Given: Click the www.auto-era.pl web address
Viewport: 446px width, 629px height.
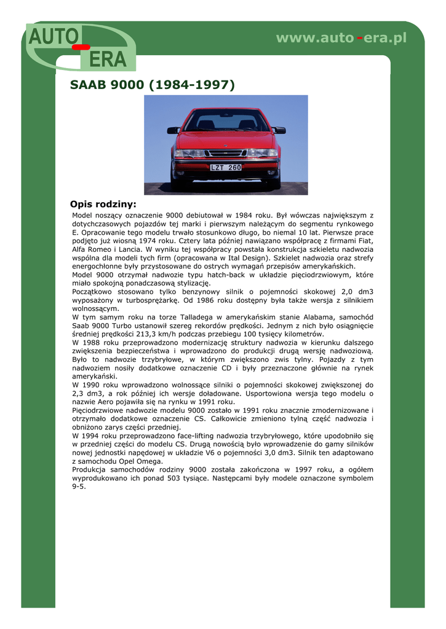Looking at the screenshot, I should tap(341, 38).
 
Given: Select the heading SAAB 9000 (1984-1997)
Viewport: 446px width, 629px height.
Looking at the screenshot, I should tap(153, 85).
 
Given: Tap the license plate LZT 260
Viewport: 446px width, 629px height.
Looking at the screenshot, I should tap(226, 167).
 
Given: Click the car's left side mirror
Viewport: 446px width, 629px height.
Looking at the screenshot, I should tap(173, 130).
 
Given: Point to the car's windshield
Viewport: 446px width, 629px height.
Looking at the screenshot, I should tap(226, 120).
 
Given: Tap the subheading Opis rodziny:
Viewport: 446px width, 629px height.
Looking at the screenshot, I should tap(103, 204).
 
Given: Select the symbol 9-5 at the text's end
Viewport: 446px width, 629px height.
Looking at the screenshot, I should tap(79, 486).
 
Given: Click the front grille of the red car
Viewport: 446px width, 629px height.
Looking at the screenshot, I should tap(226, 153).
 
